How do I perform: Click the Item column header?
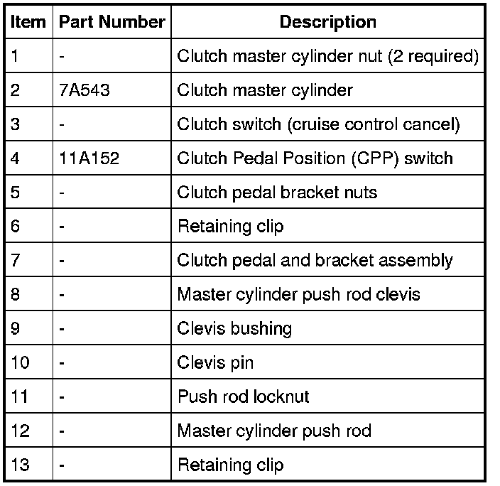point(28,22)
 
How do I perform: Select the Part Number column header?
point(112,22)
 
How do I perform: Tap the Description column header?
point(327,22)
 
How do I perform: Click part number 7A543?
point(85,91)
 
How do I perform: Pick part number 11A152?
point(89,158)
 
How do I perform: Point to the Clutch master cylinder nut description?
point(327,57)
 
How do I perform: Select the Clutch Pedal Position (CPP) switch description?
point(315,158)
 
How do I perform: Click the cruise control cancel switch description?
point(318,125)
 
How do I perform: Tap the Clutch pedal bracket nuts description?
point(277,193)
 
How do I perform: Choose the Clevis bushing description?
point(234,329)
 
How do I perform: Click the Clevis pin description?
point(215,363)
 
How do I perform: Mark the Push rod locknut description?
point(243,396)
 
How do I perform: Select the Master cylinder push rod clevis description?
point(298,295)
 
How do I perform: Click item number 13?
point(21,465)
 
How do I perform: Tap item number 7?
point(16,261)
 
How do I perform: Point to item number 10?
point(21,363)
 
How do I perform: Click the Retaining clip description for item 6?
point(230,227)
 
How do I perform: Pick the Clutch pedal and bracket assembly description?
point(315,261)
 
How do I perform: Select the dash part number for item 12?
point(62,431)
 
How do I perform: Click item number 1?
point(16,57)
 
